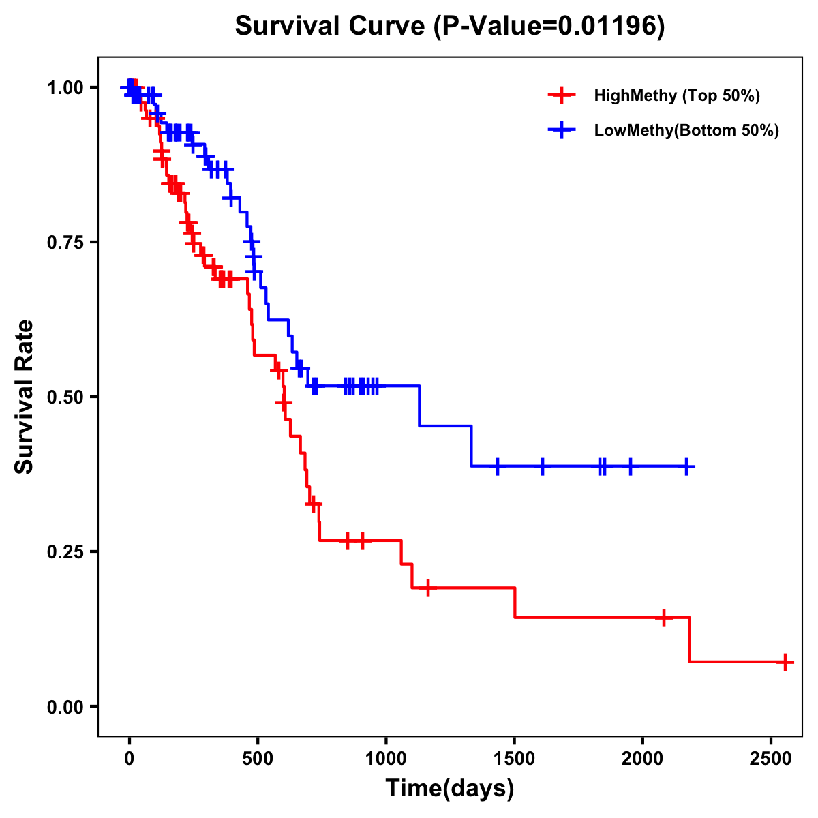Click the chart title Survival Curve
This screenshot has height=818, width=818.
(450, 26)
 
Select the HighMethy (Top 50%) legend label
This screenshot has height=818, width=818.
(677, 95)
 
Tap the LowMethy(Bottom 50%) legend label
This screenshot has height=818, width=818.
(686, 131)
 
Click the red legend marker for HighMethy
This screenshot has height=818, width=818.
(561, 95)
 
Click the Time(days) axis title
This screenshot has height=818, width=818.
(450, 789)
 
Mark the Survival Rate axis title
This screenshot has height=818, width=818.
(25, 397)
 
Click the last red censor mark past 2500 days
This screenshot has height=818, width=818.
(785, 662)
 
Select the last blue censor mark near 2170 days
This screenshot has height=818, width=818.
(686, 466)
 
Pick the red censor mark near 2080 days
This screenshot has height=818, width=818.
(663, 617)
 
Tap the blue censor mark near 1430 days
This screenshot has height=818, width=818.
(498, 466)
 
